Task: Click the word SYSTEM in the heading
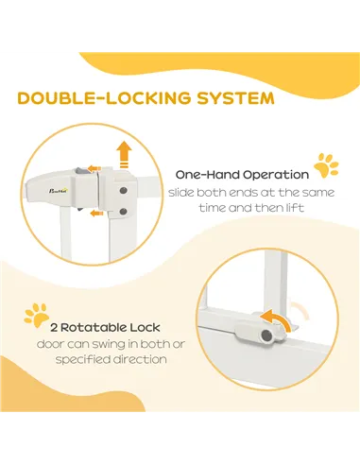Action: coord(235,98)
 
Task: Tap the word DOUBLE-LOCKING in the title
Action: coord(104,98)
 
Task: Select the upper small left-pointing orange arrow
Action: coord(94,168)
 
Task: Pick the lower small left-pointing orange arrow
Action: coord(96,214)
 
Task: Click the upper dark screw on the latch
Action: coord(124,191)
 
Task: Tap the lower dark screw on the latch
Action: coord(124,212)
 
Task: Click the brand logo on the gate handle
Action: coord(59,191)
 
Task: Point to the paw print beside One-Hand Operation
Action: coord(326,164)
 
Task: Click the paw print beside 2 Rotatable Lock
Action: coord(37,315)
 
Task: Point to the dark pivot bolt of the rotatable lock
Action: coord(266,336)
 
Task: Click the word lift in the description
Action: coord(297,208)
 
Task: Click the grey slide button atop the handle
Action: coord(79,171)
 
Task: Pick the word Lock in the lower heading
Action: coord(146,328)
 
